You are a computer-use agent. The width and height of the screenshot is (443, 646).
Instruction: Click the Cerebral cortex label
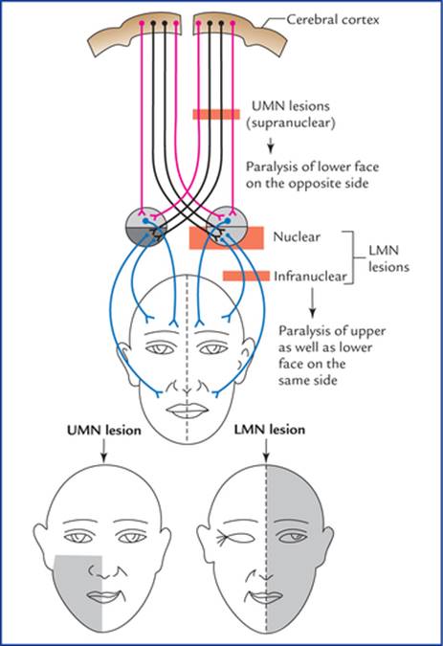coord(333,20)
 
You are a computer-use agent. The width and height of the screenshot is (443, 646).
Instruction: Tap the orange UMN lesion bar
coord(216,114)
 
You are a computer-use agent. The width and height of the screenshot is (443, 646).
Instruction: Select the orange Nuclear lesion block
coord(227,237)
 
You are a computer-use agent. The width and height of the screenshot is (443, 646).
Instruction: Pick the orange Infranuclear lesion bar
coord(246,276)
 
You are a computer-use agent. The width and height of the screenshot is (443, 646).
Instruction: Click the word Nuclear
coord(297,237)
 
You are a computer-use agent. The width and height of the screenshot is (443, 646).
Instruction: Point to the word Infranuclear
coord(310,276)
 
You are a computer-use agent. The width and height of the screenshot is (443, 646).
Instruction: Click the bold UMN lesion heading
coord(104,430)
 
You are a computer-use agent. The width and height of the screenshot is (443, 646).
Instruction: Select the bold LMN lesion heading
coord(270,430)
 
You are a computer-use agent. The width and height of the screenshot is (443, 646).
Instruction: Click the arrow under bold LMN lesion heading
coord(266,451)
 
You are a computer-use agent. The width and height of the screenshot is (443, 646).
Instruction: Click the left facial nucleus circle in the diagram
coord(146,227)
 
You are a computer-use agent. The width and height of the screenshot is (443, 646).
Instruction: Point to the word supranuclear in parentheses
coord(291,123)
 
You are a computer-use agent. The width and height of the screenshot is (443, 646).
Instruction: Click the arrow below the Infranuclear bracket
coord(312,302)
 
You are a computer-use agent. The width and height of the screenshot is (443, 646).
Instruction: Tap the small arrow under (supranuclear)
coord(271,145)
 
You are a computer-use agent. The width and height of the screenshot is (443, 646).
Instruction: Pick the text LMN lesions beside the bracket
coord(388,258)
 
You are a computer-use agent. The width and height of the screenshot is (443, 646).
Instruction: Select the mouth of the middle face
coord(188,411)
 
